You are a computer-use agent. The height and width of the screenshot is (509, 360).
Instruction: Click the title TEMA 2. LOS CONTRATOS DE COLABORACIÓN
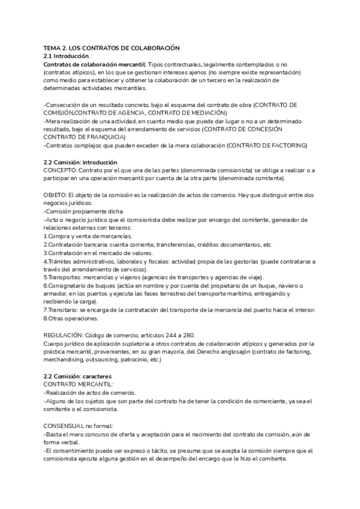coord(112,47)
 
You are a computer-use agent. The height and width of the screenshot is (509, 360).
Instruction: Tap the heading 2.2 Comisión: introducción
coord(80,163)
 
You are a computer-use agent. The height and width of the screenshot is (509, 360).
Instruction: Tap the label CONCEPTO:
coord(61,170)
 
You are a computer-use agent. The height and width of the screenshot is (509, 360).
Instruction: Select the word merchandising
coord(67,360)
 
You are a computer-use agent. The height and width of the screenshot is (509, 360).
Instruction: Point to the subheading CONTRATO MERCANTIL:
coord(78,384)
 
